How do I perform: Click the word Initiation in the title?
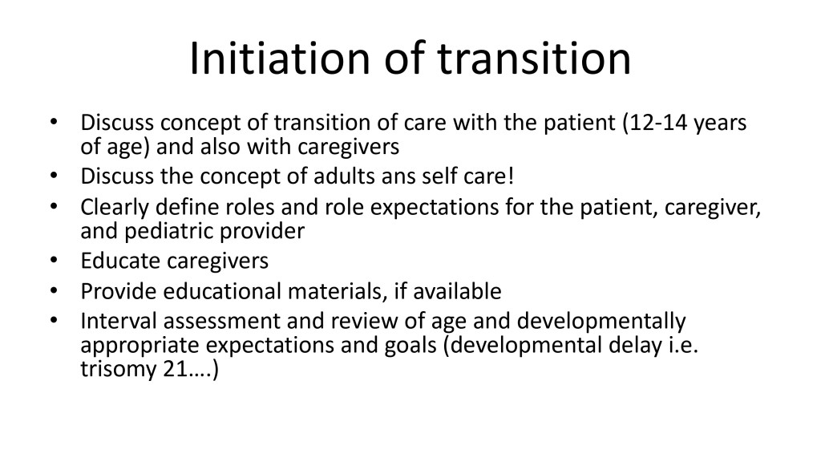click(x=280, y=58)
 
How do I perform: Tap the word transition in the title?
click(x=535, y=58)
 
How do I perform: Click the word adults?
click(x=342, y=176)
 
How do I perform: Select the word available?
click(x=457, y=291)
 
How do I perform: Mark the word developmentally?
click(x=601, y=322)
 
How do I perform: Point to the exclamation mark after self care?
click(x=511, y=176)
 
